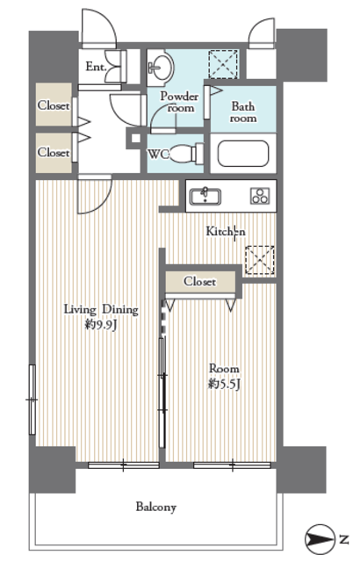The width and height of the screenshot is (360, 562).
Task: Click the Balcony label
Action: [155, 508]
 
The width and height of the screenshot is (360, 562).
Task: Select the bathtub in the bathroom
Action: [243, 154]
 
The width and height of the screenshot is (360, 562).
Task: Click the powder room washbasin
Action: [161, 68]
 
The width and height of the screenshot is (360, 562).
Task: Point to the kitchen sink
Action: [205, 197]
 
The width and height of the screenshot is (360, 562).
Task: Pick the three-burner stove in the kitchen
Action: [259, 196]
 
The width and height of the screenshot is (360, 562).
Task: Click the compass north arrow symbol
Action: [319, 539]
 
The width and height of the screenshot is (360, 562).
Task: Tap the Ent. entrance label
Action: [96, 67]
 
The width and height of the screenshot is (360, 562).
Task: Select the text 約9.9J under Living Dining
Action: [101, 325]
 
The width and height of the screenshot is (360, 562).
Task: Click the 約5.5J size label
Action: [224, 385]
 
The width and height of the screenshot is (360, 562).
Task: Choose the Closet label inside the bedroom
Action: [200, 281]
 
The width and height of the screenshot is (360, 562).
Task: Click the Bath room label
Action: [243, 112]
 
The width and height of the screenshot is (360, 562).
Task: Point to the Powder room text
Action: [179, 102]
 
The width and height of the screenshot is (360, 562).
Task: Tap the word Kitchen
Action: [226, 232]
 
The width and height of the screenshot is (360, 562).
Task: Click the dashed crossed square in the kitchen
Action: [260, 261]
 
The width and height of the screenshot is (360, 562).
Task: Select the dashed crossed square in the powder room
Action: [223, 64]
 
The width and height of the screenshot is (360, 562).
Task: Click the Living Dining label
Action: [101, 309]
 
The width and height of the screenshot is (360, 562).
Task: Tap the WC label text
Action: [158, 155]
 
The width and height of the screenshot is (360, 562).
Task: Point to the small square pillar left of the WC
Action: [136, 138]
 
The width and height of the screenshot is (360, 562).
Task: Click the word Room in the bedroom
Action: [224, 369]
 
